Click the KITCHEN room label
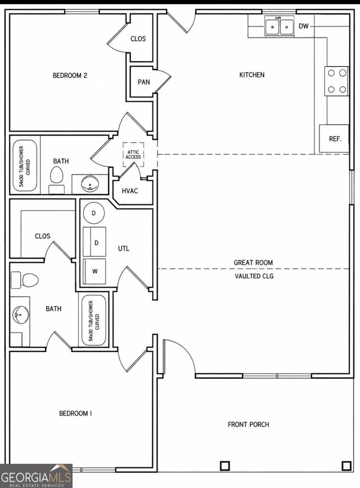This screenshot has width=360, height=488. (252, 75)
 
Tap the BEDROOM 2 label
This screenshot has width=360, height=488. (70, 75)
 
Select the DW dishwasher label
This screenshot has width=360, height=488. (303, 26)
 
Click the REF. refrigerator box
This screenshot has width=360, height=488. (334, 138)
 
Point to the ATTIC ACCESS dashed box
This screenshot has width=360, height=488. (133, 155)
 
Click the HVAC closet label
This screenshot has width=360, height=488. (130, 191)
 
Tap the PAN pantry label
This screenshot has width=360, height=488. (144, 82)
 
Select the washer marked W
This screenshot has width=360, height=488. (94, 272)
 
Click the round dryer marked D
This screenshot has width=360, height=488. (94, 213)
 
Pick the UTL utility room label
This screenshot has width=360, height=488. (124, 248)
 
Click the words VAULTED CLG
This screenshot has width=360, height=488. (254, 276)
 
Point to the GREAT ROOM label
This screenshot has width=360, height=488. (253, 263)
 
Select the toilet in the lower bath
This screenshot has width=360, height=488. (25, 280)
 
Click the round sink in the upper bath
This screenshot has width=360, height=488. (90, 184)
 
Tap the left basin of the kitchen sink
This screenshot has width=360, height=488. (273, 26)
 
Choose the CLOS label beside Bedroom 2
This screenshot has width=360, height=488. (138, 39)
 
